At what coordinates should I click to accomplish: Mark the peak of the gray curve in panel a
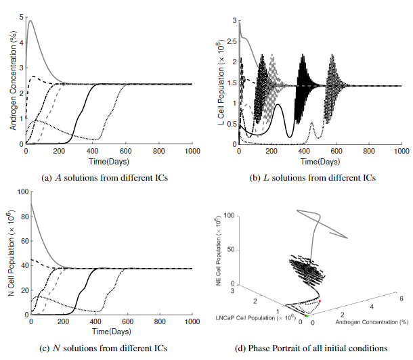click(x=29, y=20)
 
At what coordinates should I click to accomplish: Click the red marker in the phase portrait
click(x=319, y=301)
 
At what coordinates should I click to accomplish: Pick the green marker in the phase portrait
click(x=307, y=316)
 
